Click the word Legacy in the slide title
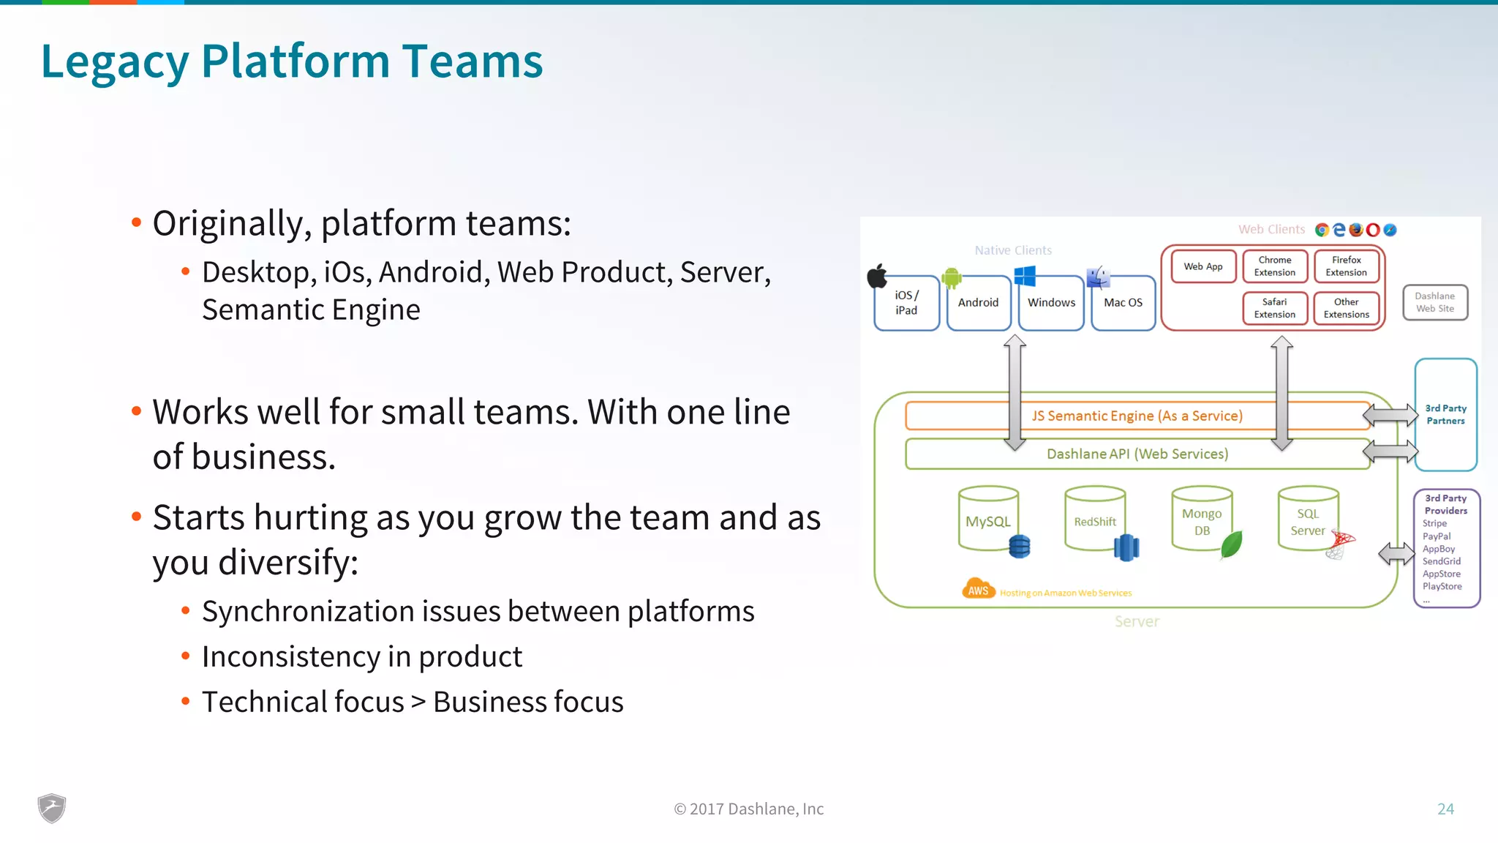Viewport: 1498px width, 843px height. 115,61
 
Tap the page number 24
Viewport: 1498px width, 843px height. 1445,809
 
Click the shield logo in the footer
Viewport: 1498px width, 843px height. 52,809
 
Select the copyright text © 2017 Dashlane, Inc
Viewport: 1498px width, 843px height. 748,809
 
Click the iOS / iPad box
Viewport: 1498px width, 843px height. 906,303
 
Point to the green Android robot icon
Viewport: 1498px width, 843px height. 952,277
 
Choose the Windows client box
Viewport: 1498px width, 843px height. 1051,303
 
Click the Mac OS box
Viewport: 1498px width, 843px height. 1123,303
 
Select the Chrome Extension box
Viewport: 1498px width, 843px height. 1274,266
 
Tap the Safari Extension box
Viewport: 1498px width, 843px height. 1274,308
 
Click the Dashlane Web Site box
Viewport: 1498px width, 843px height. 1434,302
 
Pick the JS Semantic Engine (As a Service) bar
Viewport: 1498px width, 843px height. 1137,416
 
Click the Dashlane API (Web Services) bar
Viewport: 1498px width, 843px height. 1137,454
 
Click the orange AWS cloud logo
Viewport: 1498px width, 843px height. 978,589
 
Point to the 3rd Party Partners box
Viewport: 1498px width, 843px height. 1445,414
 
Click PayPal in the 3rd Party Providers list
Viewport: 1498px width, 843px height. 1437,536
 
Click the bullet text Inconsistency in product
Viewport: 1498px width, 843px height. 362,656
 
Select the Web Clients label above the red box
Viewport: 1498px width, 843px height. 1271,230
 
